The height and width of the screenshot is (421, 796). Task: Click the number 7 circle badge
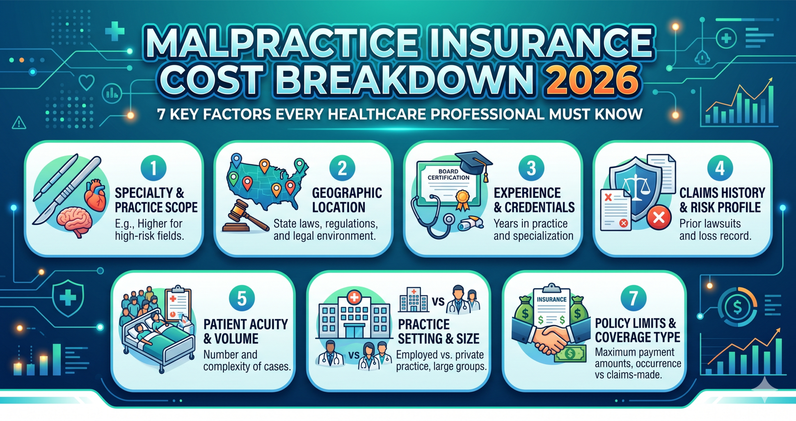[633, 298]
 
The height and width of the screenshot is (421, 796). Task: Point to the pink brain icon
[75, 221]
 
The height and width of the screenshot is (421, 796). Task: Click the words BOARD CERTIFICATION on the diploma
[448, 174]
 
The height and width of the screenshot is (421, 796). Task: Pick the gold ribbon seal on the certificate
[463, 200]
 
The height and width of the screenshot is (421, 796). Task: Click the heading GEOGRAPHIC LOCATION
[347, 200]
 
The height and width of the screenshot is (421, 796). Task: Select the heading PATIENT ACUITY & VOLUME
[246, 331]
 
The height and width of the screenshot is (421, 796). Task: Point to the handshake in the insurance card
[549, 339]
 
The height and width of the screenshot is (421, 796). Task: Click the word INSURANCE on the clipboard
[552, 299]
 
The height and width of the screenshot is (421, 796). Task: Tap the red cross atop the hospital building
[354, 297]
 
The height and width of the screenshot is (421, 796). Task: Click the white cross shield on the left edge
[68, 298]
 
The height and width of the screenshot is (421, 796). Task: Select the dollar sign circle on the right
[737, 306]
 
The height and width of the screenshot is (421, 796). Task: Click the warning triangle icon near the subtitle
[19, 123]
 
